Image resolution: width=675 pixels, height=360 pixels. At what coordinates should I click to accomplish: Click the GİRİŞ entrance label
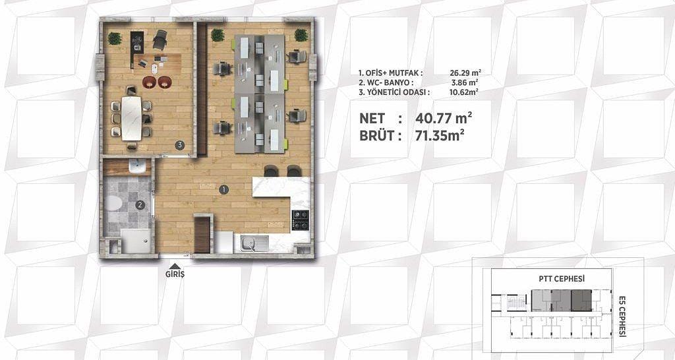coord(175,274)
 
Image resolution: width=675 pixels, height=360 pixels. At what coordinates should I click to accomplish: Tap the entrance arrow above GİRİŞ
coord(175,266)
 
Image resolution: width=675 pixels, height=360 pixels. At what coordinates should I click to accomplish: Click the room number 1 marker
coord(223,189)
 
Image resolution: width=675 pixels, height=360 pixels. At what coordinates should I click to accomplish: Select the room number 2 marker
coord(140,206)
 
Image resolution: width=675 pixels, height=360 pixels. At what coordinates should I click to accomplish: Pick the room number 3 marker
coord(180,145)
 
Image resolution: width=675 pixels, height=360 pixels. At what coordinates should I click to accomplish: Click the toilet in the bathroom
coord(113,203)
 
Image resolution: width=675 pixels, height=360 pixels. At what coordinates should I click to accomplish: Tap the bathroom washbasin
coord(137,166)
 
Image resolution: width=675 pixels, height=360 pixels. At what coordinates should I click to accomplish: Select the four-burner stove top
coord(301,220)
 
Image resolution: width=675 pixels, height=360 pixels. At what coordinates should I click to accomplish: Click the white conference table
coord(131,118)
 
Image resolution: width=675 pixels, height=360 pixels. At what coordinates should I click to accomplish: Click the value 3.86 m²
coord(469,82)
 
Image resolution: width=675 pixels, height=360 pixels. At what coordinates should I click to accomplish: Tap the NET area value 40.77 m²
coord(444,117)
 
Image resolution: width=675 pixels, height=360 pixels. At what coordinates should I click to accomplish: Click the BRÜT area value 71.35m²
coord(440,136)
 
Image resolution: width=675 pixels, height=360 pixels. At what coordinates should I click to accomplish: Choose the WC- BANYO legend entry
coord(386,82)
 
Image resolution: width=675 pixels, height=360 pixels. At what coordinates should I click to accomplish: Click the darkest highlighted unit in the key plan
coord(581,301)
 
